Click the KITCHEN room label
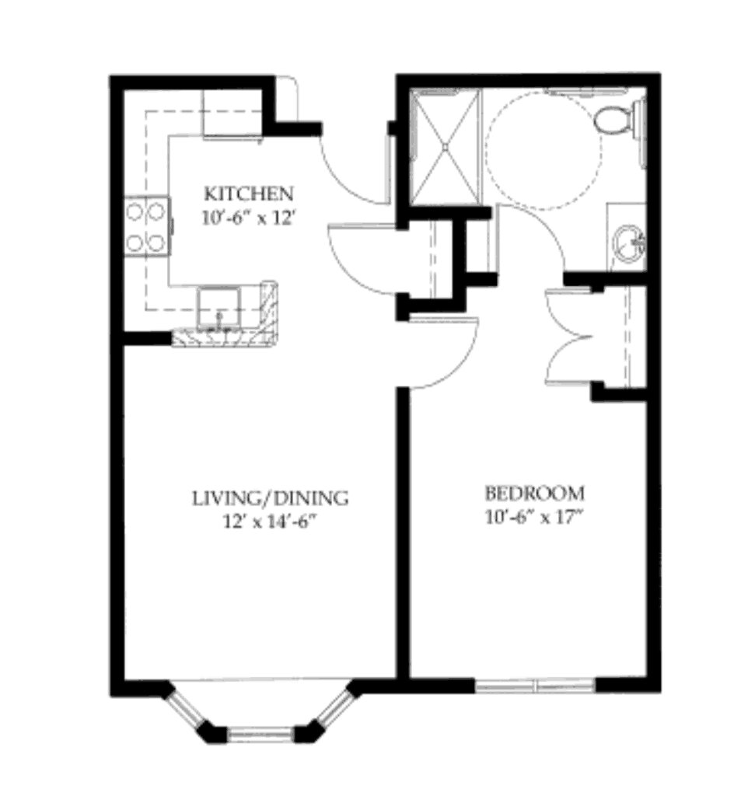(249, 194)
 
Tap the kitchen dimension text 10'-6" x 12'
(249, 218)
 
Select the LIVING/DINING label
(271, 498)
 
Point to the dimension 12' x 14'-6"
(271, 522)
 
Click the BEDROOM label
(534, 493)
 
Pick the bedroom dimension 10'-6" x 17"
(533, 518)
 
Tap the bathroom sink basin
(630, 243)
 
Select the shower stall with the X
(446, 147)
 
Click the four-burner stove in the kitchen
(147, 226)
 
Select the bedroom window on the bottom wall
(536, 686)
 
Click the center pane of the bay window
(261, 734)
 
